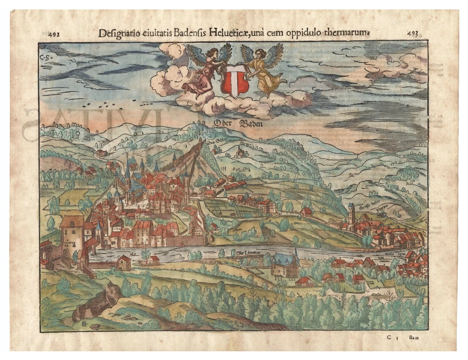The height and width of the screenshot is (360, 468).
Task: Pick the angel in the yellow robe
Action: (264, 71)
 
